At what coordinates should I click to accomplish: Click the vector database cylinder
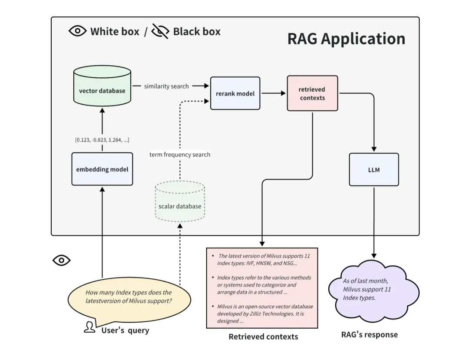pos(102,86)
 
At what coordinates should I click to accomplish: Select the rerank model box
pos(235,93)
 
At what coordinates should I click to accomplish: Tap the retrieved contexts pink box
pos(312,93)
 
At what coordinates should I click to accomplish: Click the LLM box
pos(373,169)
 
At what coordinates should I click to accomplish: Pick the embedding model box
pos(102,169)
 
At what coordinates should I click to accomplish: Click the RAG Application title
pos(346,38)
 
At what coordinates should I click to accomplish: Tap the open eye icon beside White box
pos(78,31)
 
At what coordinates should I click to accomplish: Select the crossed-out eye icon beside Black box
pos(160,31)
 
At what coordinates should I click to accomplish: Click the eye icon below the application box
pos(61,260)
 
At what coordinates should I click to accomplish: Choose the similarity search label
pos(166,86)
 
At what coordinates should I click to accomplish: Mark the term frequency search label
pos(180,155)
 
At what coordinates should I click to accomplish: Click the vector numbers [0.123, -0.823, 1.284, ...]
pos(102,139)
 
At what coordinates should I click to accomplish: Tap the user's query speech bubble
pos(129,297)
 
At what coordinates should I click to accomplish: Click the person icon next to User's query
pos(89,327)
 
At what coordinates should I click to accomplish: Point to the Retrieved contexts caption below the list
pos(263,337)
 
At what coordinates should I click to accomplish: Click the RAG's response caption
pos(369,334)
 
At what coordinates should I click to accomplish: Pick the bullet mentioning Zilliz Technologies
pos(264,314)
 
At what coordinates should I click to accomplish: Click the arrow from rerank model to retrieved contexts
pos(273,93)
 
